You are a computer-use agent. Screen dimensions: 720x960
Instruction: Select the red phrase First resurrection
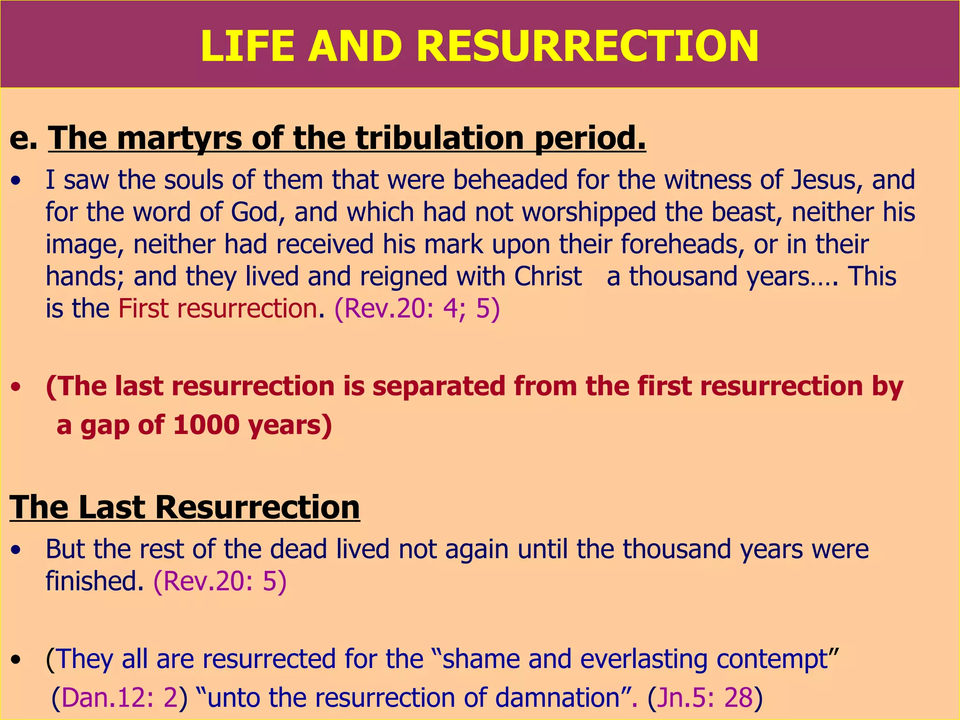point(217,308)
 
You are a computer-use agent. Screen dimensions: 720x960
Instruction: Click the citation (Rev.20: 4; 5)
point(417,308)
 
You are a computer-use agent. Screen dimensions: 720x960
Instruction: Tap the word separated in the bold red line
point(439,386)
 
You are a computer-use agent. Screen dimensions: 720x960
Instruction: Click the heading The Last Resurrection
point(185,507)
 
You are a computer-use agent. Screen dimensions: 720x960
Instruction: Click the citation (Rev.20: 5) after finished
point(220,581)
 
